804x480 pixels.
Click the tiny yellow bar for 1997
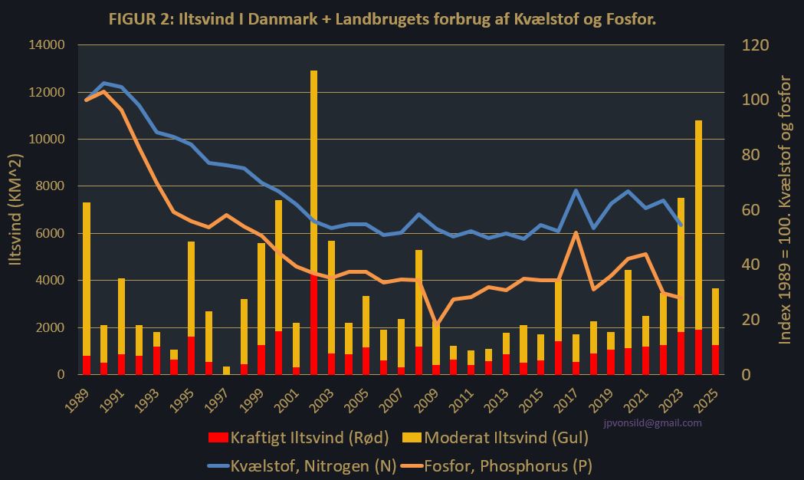[x=226, y=370]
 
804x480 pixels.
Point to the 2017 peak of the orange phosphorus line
[x=576, y=233]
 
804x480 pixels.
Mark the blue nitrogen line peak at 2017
[x=576, y=190]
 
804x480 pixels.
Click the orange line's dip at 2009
[x=436, y=325]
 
